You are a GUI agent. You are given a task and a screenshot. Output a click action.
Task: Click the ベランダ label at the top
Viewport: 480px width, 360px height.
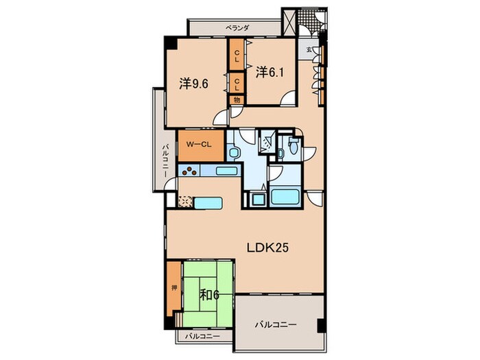(237, 28)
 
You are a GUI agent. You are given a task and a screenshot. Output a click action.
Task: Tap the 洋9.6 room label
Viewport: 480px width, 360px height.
(194, 84)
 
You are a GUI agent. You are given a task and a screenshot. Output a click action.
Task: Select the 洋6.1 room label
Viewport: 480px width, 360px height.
(269, 72)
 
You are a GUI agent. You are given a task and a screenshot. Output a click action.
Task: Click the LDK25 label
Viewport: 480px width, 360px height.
(267, 248)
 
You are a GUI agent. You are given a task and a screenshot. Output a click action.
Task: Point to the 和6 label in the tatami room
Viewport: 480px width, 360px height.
(210, 295)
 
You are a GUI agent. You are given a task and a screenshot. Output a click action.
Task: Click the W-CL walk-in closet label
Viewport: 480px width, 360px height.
(199, 145)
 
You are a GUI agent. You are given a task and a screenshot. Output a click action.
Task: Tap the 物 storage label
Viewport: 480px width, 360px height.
(237, 100)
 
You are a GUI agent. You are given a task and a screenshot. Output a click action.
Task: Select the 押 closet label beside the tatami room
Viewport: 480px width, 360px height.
(174, 288)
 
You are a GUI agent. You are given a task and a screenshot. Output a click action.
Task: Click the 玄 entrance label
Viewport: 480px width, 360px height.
(309, 49)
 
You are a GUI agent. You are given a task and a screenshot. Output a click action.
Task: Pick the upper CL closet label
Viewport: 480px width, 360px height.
(237, 56)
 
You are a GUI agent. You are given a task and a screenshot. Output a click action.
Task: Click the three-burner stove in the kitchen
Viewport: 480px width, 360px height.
(189, 171)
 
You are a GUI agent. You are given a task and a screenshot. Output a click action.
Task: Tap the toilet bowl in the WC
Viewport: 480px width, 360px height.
(293, 147)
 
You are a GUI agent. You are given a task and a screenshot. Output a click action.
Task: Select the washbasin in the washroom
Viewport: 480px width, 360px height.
(234, 153)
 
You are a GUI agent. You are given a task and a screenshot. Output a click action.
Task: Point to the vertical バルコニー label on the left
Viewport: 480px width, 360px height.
(165, 161)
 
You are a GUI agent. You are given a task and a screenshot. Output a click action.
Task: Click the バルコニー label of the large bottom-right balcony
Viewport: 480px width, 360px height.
(276, 324)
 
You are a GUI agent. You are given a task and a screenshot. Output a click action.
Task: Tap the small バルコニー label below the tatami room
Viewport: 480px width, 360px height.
(202, 337)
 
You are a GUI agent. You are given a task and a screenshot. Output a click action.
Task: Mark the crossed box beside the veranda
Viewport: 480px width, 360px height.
(289, 22)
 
